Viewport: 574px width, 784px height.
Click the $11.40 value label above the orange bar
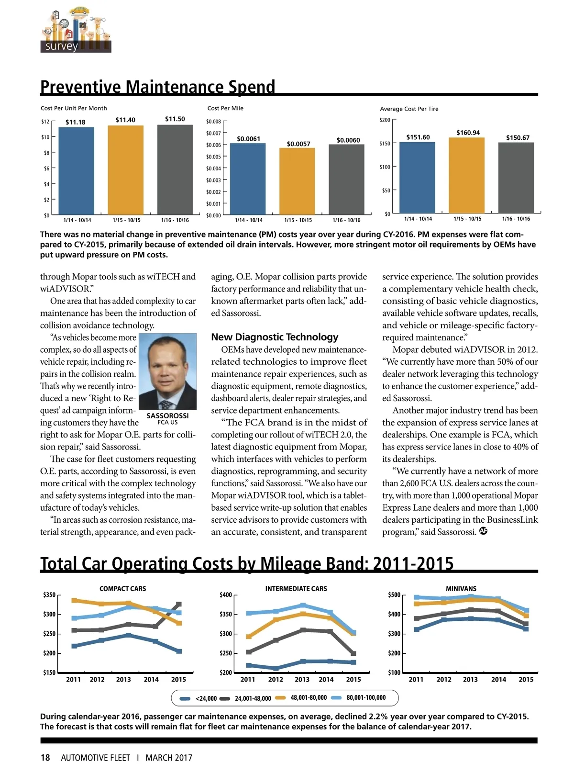click(125, 120)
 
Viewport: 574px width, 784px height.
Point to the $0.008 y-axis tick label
click(213, 122)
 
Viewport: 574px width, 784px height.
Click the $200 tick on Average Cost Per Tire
click(385, 120)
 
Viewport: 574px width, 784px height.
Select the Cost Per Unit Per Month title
click(74, 108)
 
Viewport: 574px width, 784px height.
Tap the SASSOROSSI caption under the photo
click(167, 415)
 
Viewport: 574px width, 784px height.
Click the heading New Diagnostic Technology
click(275, 337)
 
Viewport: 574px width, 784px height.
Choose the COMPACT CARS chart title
click(122, 589)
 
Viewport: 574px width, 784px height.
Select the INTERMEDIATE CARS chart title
click(296, 589)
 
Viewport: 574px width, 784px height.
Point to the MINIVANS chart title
click(461, 589)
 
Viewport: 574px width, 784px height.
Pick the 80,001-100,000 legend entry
click(359, 697)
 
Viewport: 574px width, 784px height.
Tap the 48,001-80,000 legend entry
click(302, 697)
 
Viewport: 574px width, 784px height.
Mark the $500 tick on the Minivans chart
click(394, 595)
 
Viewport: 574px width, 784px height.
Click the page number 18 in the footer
click(45, 758)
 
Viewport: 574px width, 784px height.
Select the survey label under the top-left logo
click(61, 46)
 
